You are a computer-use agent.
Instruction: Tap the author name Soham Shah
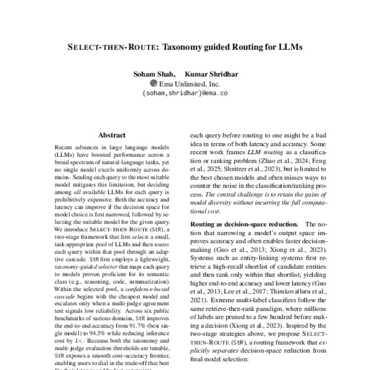pyautogui.click(x=150, y=75)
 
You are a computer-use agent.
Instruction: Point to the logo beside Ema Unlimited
pyautogui.click(x=154, y=83)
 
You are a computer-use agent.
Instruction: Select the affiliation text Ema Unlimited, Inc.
pyautogui.click(x=189, y=84)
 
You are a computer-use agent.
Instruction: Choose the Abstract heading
pyautogui.click(x=112, y=135)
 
